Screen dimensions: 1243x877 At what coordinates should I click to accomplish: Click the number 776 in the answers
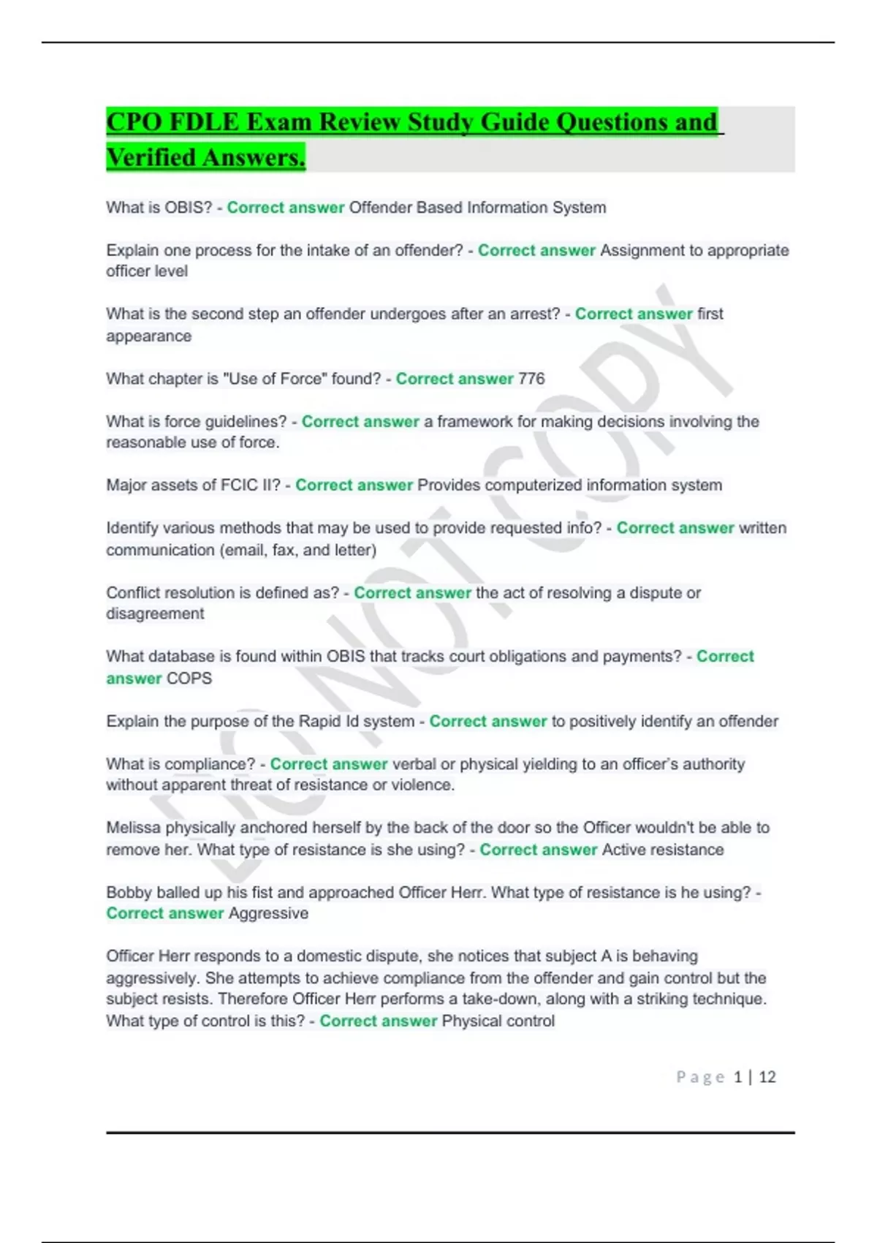(531, 379)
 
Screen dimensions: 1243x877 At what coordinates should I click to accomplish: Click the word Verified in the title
(151, 157)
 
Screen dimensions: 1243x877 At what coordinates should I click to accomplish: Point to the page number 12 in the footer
(767, 1077)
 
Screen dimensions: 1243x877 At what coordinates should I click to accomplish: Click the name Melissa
(133, 828)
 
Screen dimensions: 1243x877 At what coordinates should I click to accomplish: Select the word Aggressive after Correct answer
(268, 913)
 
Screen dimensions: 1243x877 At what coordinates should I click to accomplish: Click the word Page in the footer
(700, 1077)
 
